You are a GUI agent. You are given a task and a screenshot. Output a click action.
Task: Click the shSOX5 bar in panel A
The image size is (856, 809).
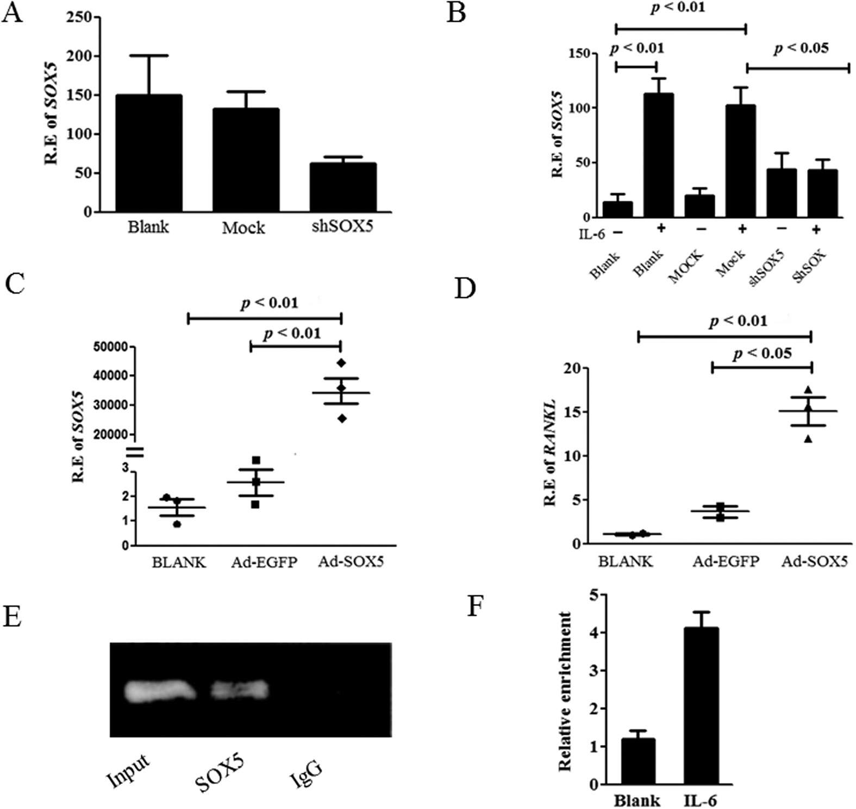tap(342, 187)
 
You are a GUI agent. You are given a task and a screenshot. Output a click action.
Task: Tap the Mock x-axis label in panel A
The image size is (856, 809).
tap(243, 227)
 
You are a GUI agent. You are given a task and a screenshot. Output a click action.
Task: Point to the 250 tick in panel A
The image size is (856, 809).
tap(79, 17)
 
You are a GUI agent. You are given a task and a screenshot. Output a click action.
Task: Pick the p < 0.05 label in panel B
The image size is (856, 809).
tap(801, 48)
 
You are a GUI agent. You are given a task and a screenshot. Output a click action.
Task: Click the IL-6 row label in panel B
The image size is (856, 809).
tap(590, 233)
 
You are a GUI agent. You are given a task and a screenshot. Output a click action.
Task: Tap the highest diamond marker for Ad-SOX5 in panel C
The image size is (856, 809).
tap(341, 363)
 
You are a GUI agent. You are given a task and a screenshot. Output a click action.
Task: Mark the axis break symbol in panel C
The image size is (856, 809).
tap(135, 452)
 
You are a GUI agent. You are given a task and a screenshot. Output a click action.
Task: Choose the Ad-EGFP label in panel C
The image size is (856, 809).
tap(264, 562)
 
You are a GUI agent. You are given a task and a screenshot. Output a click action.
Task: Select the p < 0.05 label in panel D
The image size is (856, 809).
tap(762, 355)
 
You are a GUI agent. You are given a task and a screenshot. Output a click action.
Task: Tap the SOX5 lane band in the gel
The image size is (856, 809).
tap(240, 690)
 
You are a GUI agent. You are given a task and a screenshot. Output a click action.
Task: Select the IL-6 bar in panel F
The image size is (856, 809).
tap(702, 706)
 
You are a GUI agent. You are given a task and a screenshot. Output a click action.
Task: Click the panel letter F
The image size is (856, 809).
tap(477, 606)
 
